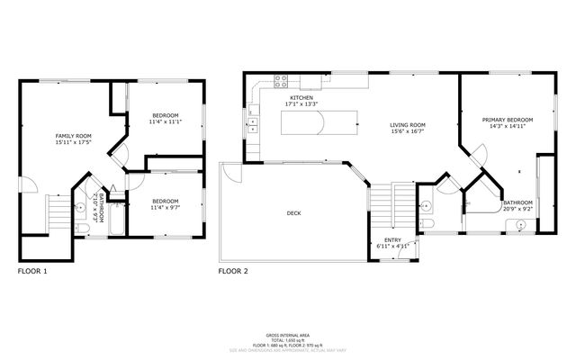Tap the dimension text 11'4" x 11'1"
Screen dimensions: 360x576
(165, 122)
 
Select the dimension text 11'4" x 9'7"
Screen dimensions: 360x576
(165, 208)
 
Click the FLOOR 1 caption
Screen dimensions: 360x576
(32, 270)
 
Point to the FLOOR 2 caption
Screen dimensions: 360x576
(235, 270)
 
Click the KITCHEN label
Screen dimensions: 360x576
(300, 97)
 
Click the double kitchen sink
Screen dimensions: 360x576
(253, 124)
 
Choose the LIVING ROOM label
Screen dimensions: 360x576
(407, 125)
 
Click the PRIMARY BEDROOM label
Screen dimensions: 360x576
(507, 120)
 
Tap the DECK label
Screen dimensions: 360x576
(293, 213)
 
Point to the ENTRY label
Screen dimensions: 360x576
(392, 239)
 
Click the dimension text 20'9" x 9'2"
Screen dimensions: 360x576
(517, 210)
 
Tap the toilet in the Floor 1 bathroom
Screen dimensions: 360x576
(83, 229)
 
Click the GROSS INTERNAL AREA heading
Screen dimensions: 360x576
(288, 332)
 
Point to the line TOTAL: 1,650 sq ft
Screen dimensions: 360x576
(288, 337)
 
